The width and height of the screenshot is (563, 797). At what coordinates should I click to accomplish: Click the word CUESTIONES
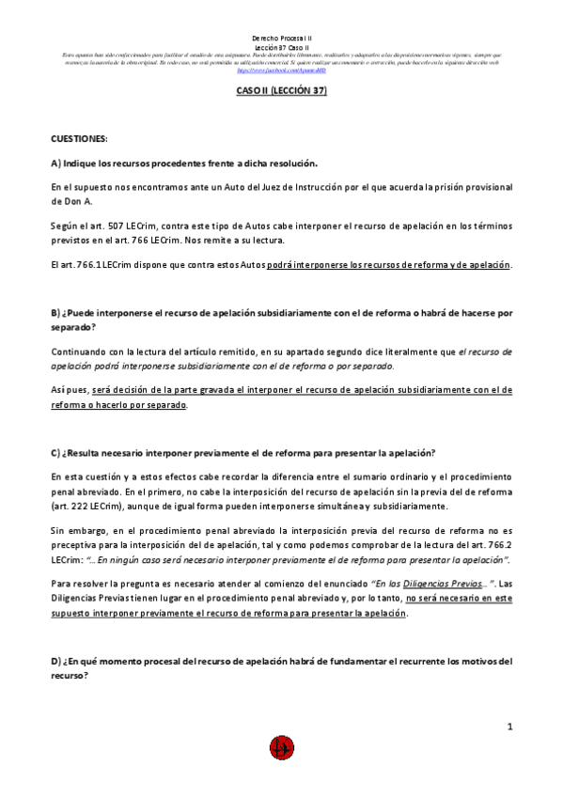(80, 138)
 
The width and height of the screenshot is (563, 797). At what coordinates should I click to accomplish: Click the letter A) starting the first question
(56, 163)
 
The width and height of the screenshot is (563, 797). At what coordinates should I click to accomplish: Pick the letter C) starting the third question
(56, 453)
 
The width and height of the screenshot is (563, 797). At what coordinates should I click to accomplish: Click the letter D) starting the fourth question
(56, 661)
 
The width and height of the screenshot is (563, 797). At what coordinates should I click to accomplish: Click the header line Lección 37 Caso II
(281, 47)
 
